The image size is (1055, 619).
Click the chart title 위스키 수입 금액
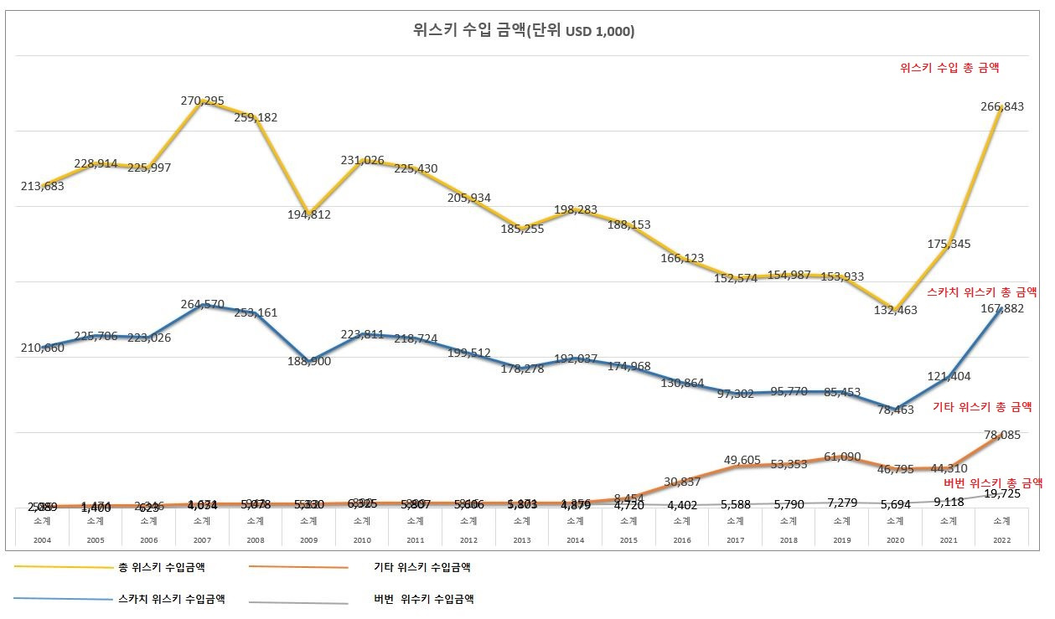524,31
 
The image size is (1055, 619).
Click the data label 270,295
202,101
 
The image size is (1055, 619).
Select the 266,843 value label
1002,106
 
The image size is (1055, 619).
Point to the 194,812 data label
308,214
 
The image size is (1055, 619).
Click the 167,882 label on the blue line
1001,308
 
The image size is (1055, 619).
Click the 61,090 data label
842,457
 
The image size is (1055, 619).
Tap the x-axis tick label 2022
1001,541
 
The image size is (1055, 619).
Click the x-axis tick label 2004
42,541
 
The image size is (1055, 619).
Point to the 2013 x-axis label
521,541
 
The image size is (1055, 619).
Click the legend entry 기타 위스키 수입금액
422,568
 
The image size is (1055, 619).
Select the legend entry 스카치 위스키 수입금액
172,599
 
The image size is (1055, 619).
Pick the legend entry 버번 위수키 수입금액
424,599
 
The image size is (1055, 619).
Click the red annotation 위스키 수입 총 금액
949,68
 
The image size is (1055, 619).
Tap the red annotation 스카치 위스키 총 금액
982,292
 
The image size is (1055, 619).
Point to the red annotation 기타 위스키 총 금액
982,407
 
